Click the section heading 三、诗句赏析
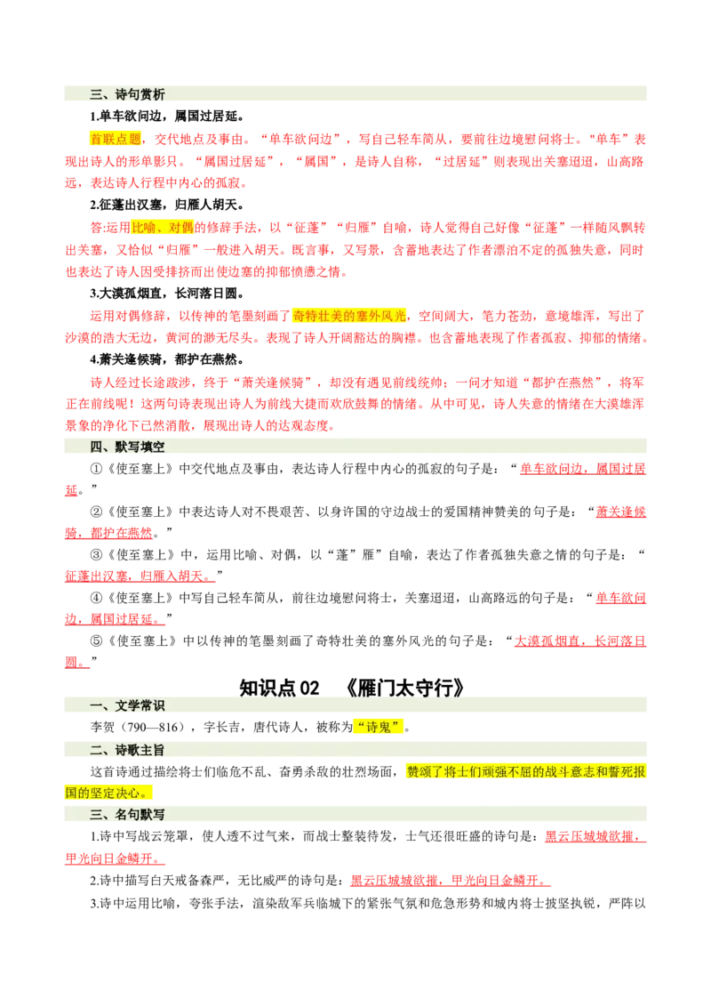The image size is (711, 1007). pyautogui.click(x=127, y=94)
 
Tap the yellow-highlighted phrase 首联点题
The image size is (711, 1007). pyautogui.click(x=116, y=139)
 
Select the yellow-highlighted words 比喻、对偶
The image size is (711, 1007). pyautogui.click(x=163, y=228)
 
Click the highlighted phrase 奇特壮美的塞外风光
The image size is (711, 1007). pyautogui.click(x=349, y=315)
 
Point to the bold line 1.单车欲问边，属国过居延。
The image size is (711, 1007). pyautogui.click(x=166, y=117)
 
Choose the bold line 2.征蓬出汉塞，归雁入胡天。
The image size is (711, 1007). pyautogui.click(x=166, y=205)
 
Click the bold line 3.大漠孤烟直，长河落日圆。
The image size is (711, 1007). pyautogui.click(x=166, y=294)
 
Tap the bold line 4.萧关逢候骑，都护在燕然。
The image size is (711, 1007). pyautogui.click(x=166, y=359)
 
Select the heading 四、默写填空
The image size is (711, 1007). pyautogui.click(x=127, y=447)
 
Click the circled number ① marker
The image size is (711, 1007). pyautogui.click(x=96, y=469)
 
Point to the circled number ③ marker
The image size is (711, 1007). pyautogui.click(x=96, y=554)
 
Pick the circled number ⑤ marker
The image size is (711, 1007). pyautogui.click(x=96, y=640)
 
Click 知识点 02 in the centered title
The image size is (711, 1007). pyautogui.click(x=279, y=688)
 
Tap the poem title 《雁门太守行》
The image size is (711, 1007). pyautogui.click(x=403, y=688)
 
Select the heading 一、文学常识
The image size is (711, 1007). pyautogui.click(x=127, y=705)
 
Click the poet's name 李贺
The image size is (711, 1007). pyautogui.click(x=103, y=727)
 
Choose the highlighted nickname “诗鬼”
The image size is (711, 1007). pyautogui.click(x=379, y=727)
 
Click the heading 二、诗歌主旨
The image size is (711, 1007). pyautogui.click(x=127, y=750)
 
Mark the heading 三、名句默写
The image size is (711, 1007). pyautogui.click(x=127, y=814)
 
